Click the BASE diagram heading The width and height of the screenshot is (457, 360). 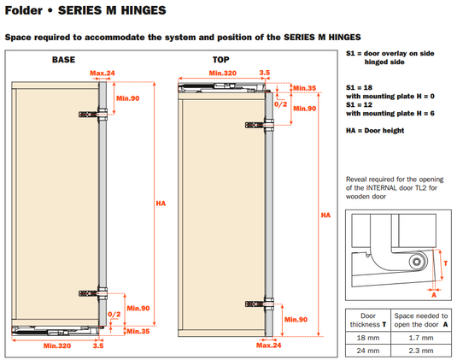pyautogui.click(x=63, y=60)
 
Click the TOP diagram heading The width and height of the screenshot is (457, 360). pyautogui.click(x=220, y=60)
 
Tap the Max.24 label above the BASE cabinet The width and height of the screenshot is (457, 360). pyautogui.click(x=103, y=73)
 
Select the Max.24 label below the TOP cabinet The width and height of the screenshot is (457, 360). pyautogui.click(x=269, y=345)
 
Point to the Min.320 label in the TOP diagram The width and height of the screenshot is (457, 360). pyautogui.click(x=223, y=73)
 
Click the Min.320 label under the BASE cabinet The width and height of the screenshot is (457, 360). pyautogui.click(x=57, y=345)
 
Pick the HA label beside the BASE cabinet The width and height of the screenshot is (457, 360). pyautogui.click(x=161, y=204)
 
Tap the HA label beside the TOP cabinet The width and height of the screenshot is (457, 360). pyautogui.click(x=325, y=215)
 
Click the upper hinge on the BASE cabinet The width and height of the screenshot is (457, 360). pyautogui.click(x=93, y=114)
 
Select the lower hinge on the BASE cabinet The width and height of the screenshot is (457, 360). pyautogui.click(x=93, y=293)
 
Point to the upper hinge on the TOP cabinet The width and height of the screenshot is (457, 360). pyautogui.click(x=260, y=125)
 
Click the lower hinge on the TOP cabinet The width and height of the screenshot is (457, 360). pyautogui.click(x=260, y=304)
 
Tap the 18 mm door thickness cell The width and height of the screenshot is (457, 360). pyautogui.click(x=368, y=338)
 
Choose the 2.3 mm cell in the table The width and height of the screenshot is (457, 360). pyautogui.click(x=421, y=351)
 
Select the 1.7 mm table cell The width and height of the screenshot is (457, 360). pyautogui.click(x=421, y=338)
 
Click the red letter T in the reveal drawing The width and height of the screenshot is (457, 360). pyautogui.click(x=445, y=263)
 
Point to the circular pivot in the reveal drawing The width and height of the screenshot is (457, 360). pyautogui.click(x=417, y=262)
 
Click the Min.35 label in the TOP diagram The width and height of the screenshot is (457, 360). pyautogui.click(x=305, y=88)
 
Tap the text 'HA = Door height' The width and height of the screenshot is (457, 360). pyautogui.click(x=375, y=131)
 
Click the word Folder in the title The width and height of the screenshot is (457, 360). pyautogui.click(x=24, y=10)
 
